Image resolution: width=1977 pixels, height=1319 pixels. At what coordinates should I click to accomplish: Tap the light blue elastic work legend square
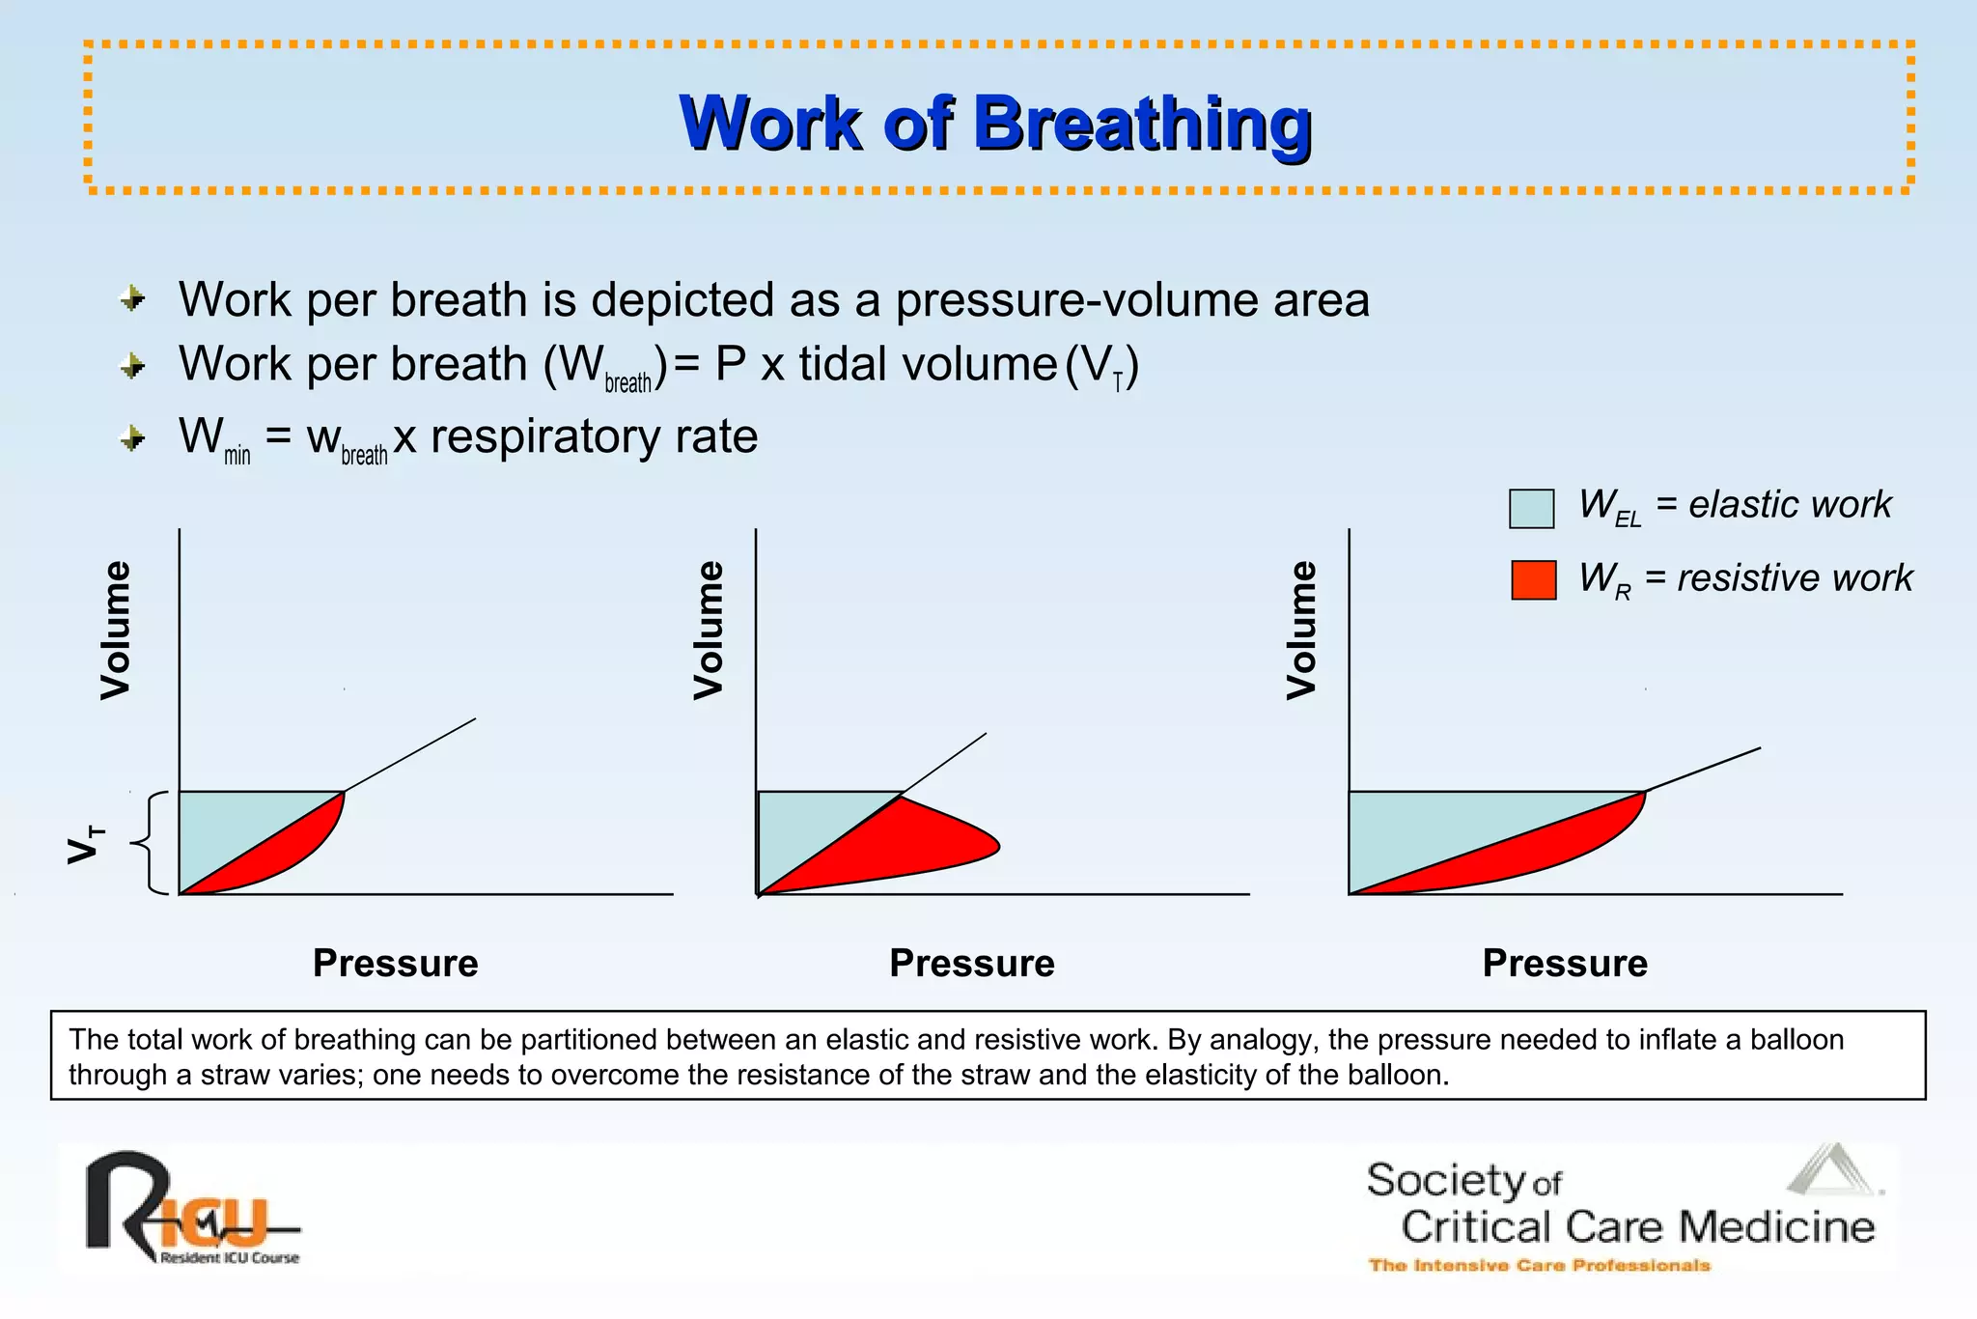click(x=1531, y=509)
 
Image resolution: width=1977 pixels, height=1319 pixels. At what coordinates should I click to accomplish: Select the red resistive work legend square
click(x=1533, y=580)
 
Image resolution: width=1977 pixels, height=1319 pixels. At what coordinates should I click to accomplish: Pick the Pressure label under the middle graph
click(x=971, y=964)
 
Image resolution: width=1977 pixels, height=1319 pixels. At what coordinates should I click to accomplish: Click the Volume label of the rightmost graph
click(x=1301, y=630)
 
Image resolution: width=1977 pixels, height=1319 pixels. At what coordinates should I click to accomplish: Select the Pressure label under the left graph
click(x=395, y=964)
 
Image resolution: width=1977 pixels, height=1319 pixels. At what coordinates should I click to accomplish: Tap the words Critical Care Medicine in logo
click(x=1637, y=1227)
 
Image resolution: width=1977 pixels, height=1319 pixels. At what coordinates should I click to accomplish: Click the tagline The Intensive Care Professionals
click(x=1539, y=1265)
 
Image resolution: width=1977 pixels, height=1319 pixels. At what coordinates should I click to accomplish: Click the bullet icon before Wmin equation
click(x=133, y=439)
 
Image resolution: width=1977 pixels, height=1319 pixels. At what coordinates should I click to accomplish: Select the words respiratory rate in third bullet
click(x=594, y=436)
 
